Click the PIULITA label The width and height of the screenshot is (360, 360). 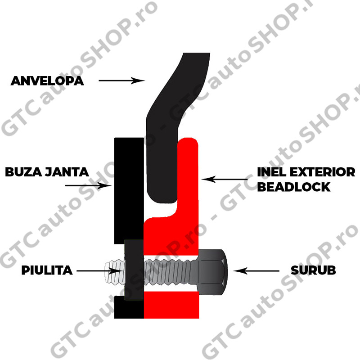[47, 270]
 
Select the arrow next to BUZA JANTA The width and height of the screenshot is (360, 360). [101, 185]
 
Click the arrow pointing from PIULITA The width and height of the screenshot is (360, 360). [99, 271]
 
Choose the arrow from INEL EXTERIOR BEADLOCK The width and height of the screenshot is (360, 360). [225, 180]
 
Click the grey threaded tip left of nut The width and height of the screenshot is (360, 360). [113, 271]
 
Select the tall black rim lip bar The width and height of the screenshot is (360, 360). [128, 189]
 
